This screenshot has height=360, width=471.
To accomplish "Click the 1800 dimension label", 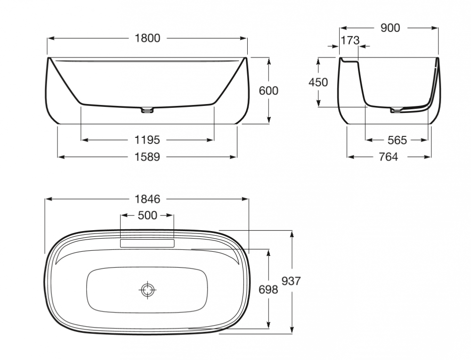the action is point(147,38).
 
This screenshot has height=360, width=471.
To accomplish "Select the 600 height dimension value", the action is point(268,91).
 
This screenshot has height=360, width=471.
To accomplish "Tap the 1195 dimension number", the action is point(147,140).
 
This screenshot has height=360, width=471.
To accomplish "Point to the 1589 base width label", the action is point(147,157).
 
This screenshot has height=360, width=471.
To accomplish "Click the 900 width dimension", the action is point(390,28).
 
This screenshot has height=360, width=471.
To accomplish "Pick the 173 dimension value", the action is point(350,40).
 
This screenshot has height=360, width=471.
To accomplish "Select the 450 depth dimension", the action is point(318,82).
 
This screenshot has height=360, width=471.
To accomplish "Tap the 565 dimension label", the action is point(397,140).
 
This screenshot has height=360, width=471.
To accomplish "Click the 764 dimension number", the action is point(388,157).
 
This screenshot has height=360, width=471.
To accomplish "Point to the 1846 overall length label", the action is point(147,199).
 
